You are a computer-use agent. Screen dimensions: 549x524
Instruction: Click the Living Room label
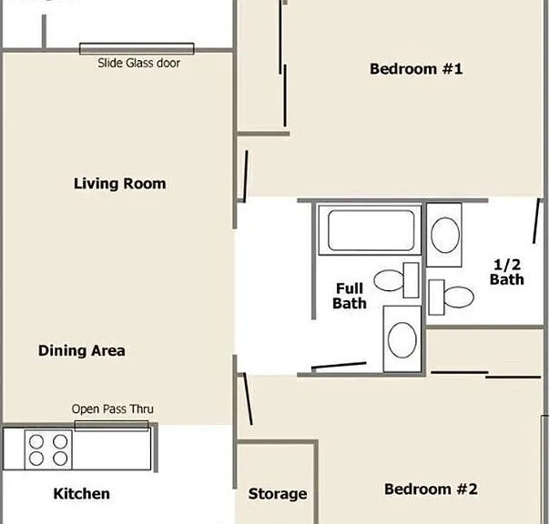(x=120, y=184)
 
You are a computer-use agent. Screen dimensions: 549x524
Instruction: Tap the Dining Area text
(x=82, y=351)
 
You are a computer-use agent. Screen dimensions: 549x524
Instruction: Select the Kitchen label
(x=82, y=494)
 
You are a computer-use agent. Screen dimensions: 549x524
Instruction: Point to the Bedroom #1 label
(x=416, y=69)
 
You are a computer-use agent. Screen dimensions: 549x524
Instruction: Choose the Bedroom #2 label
(x=431, y=489)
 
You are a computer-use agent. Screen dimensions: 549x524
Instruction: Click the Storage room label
(x=278, y=494)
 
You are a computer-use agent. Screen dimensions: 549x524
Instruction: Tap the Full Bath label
(x=350, y=296)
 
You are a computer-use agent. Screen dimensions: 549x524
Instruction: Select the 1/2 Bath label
(x=506, y=272)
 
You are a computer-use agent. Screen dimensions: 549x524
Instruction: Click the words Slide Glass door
(x=139, y=63)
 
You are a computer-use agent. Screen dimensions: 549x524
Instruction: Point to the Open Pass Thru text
(x=112, y=408)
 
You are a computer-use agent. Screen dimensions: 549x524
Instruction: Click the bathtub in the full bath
(x=370, y=230)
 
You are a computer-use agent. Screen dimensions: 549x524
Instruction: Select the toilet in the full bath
(x=396, y=280)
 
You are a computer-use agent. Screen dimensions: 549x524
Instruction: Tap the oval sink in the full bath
(x=402, y=339)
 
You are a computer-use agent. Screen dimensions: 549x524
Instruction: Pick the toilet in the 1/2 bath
(x=452, y=297)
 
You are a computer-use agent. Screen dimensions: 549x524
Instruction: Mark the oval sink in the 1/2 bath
(x=444, y=235)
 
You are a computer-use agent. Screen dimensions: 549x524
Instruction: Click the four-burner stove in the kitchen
(x=48, y=449)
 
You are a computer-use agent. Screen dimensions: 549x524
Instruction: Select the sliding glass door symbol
(x=137, y=48)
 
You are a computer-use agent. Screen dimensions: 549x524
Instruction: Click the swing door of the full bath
(x=339, y=366)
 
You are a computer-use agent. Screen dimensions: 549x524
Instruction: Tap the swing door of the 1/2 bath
(x=536, y=221)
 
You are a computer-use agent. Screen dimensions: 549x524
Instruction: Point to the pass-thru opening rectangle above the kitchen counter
(x=111, y=426)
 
